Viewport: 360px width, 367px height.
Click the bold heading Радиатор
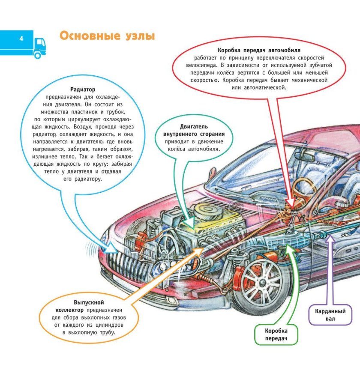point(82,90)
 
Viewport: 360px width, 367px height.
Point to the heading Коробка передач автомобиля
point(259,50)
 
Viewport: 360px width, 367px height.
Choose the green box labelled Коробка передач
point(276,335)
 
